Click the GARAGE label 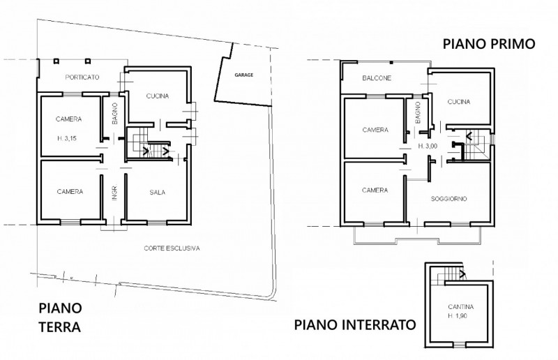(243, 74)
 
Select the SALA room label (158, 191)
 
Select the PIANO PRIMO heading (488, 44)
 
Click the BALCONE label (377, 78)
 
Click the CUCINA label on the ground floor (158, 97)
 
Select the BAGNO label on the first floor (417, 113)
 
